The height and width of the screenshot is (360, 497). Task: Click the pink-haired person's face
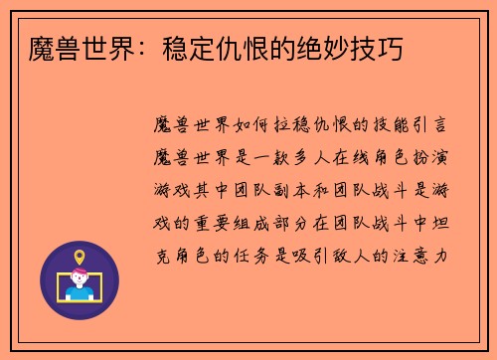pos(80,278)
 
